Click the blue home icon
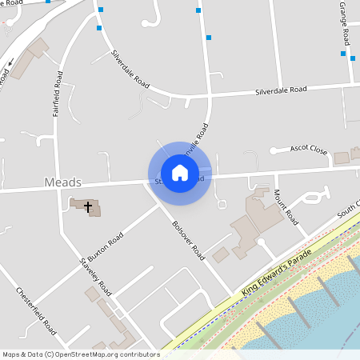(180, 173)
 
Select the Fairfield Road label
(58, 94)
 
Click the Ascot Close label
(308, 150)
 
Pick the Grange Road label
(345, 24)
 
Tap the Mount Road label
(286, 207)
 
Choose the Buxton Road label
(106, 249)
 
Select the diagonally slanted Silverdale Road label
(130, 70)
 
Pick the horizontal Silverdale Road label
(281, 90)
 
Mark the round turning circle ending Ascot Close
(273, 150)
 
